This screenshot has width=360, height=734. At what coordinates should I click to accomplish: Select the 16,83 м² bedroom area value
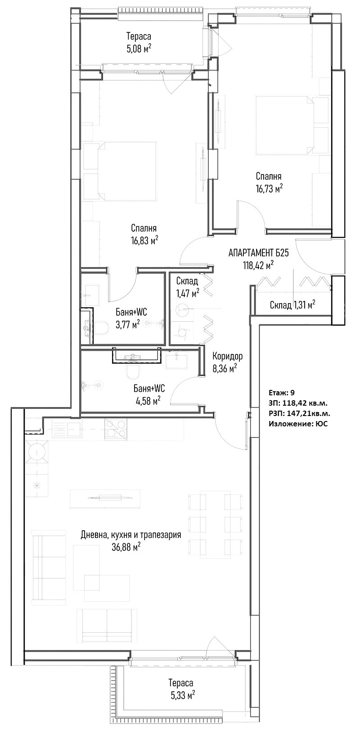click(x=144, y=241)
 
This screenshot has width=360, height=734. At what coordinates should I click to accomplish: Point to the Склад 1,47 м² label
click(x=187, y=287)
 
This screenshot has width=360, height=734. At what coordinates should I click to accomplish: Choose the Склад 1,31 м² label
click(x=292, y=305)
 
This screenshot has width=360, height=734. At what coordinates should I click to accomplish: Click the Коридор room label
click(x=228, y=356)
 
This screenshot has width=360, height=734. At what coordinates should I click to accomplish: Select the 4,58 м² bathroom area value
click(x=148, y=400)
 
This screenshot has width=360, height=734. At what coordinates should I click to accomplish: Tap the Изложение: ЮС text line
click(x=298, y=424)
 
